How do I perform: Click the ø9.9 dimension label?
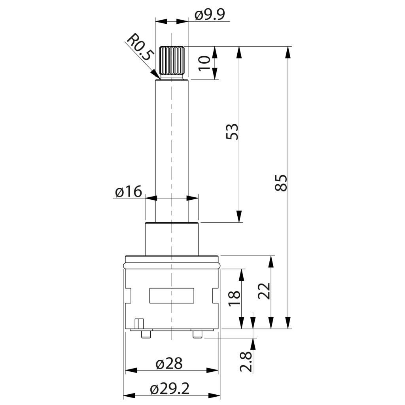pyautogui.click(x=210, y=15)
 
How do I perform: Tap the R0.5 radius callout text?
pyautogui.click(x=140, y=47)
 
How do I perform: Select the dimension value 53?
pyautogui.click(x=232, y=132)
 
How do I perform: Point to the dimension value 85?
pyautogui.click(x=281, y=183)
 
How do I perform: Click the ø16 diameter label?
pyautogui.click(x=129, y=191)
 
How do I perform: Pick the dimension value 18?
pyautogui.click(x=235, y=299)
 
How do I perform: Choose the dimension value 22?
pyautogui.click(x=264, y=291)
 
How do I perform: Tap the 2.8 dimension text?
pyautogui.click(x=246, y=361)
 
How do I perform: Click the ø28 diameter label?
pyautogui.click(x=169, y=363)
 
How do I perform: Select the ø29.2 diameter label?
pyautogui.click(x=170, y=388)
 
